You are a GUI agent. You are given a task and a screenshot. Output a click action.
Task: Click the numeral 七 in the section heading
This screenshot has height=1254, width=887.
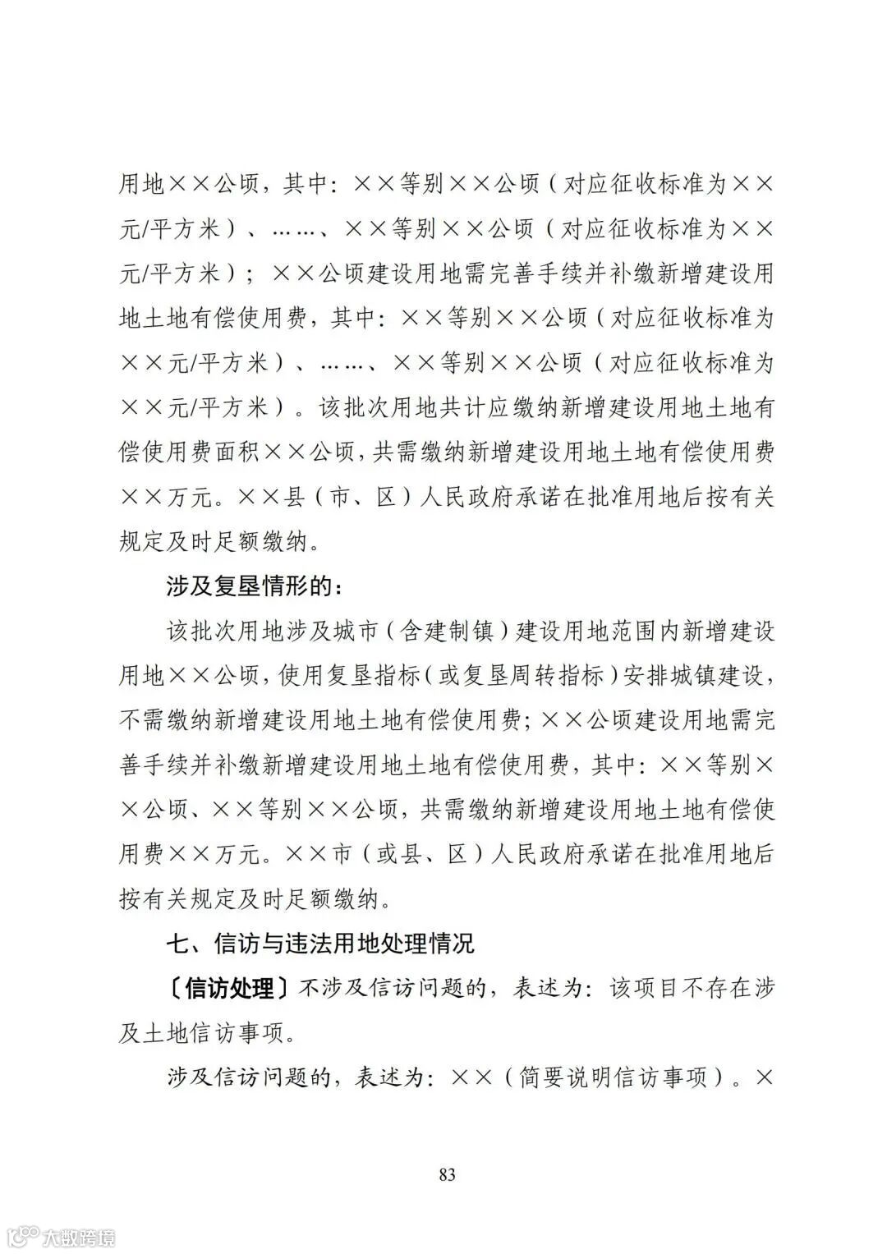pos(178,943)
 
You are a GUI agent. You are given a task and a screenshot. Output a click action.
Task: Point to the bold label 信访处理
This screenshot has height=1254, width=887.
pos(230,988)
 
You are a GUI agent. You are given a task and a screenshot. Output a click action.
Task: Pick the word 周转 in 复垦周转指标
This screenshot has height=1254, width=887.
pos(529,677)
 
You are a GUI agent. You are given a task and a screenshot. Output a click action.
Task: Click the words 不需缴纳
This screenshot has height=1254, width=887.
pos(167,721)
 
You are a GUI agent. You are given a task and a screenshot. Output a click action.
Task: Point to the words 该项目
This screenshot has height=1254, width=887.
pos(638,988)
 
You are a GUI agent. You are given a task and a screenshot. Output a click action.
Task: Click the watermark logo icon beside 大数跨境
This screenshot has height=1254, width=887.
pos(24,1235)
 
